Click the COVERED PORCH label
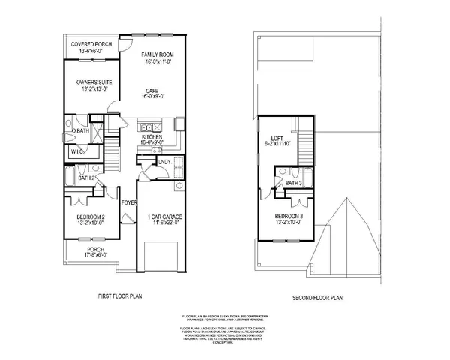[91, 45]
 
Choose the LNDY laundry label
[163, 162]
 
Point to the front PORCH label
[95, 250]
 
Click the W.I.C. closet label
[77, 151]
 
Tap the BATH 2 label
[87, 178]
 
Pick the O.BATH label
[80, 131]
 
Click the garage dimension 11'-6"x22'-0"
[159, 223]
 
